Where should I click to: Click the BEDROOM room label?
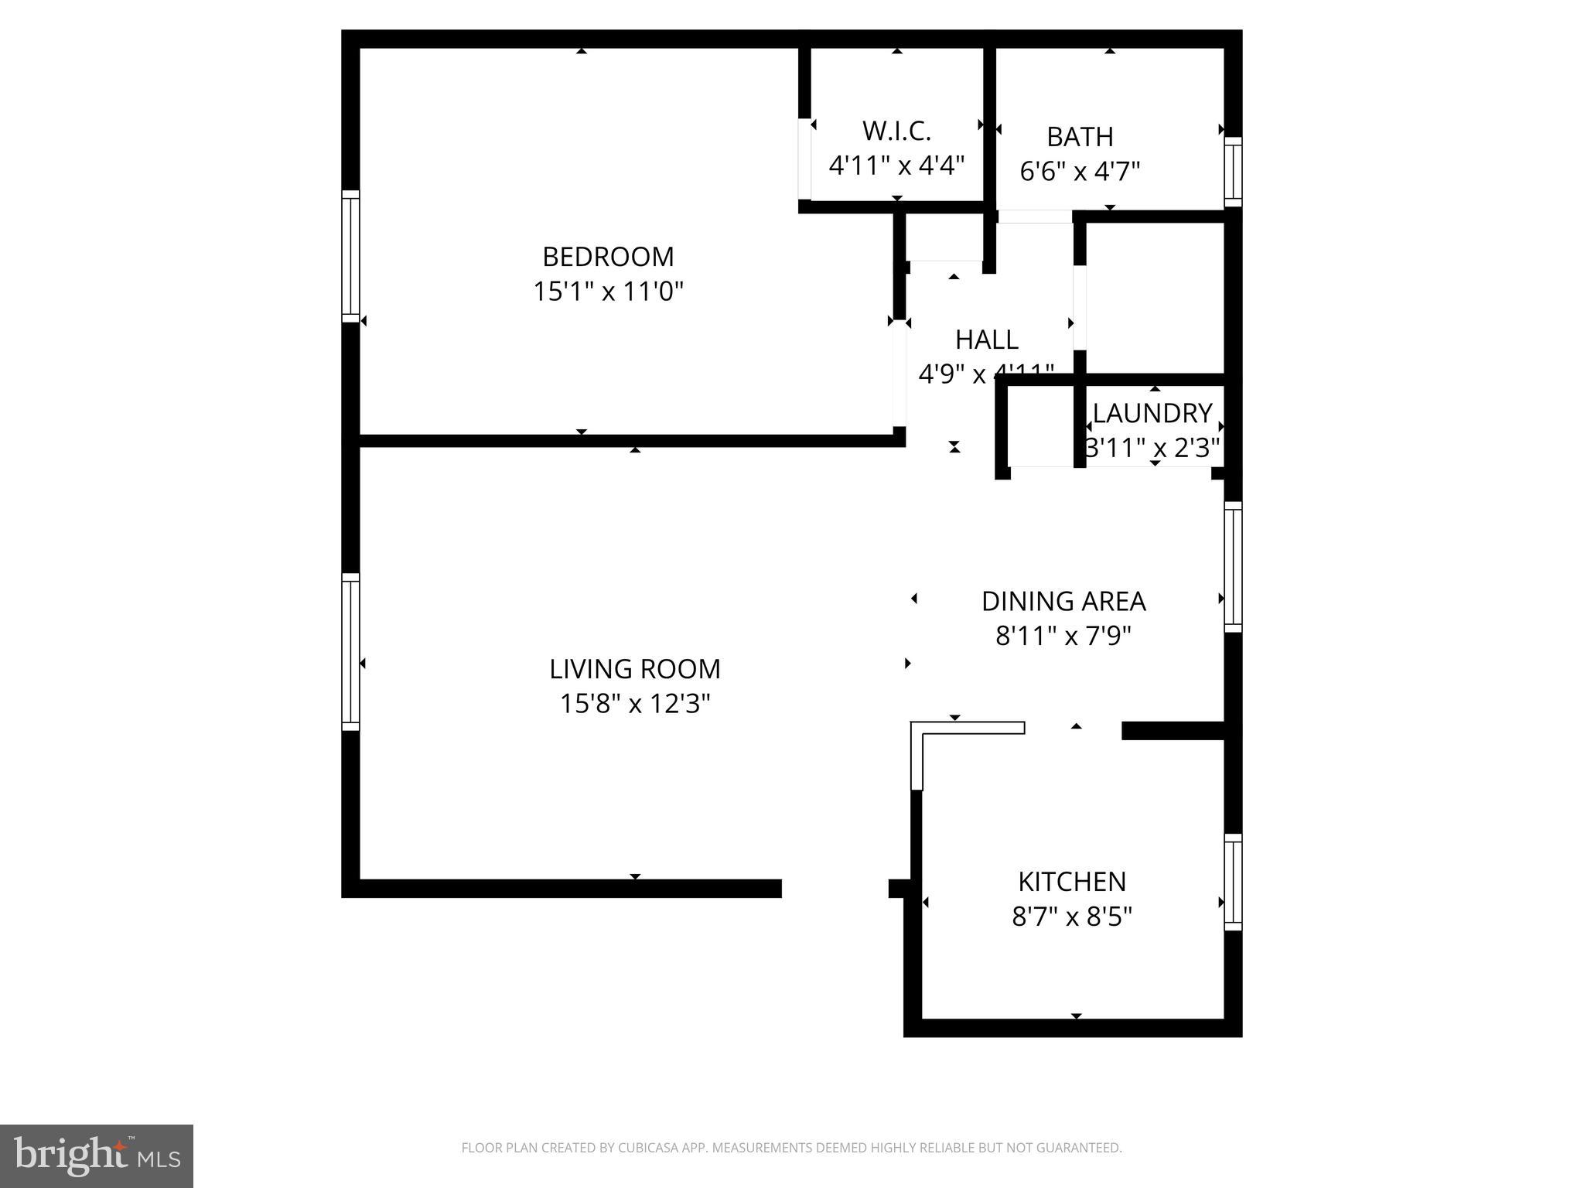608,257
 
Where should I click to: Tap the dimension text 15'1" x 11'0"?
608,292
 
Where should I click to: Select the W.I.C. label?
896,131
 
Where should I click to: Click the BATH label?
1080,137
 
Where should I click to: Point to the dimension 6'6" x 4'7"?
1080,171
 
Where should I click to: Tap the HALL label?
986,340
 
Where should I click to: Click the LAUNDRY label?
1152,413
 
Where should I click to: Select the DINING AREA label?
1063,601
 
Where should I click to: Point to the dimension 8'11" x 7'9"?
1063,636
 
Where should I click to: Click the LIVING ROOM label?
634,669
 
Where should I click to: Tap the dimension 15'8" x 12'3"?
634,704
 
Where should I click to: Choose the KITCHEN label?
1072,882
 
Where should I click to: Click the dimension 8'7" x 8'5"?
1072,917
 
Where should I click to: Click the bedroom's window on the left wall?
350,256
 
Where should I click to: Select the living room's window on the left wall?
350,651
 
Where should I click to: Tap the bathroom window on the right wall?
1233,172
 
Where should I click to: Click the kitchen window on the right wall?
1233,882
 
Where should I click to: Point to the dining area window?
1233,566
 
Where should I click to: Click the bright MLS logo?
96,1156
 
